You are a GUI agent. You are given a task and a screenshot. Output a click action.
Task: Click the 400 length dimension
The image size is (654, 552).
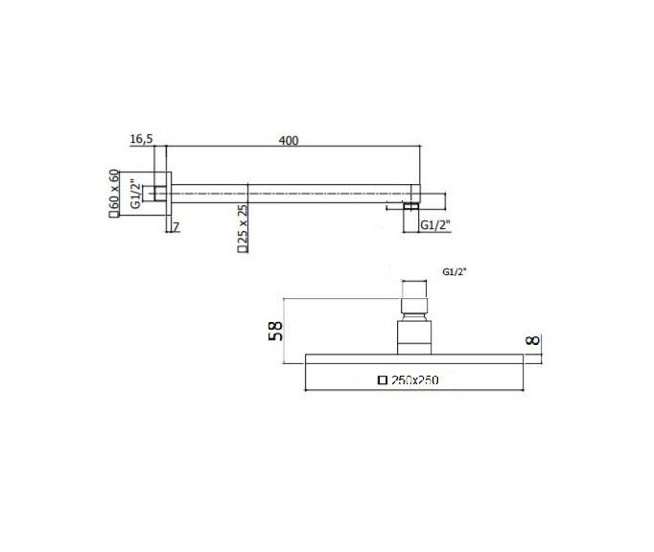[289, 140]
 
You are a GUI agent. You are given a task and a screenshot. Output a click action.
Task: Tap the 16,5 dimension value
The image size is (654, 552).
[141, 140]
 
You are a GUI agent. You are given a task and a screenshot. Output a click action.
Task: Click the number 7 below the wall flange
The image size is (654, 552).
[175, 225]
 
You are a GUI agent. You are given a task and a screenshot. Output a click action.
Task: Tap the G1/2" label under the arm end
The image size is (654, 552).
[435, 225]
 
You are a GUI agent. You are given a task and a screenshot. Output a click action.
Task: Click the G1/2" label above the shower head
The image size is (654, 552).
[455, 272]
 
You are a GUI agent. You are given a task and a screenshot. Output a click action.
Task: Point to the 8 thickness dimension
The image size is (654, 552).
[534, 340]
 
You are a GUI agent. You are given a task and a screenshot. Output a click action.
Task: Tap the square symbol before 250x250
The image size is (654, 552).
[383, 380]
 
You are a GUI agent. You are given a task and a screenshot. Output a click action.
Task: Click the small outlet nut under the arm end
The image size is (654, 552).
[410, 205]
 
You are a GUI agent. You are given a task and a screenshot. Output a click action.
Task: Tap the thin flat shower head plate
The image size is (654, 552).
[414, 359]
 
